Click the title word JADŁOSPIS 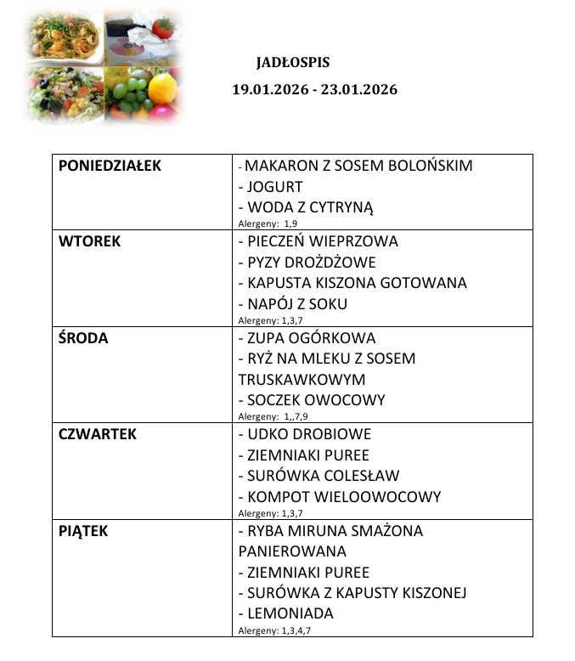[292, 63]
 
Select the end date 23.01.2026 [358, 89]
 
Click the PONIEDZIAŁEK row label [110, 167]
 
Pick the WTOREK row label [89, 241]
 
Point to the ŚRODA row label [84, 338]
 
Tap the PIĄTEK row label [83, 531]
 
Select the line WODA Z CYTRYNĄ [310, 207]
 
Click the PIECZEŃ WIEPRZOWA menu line [322, 241]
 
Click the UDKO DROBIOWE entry [308, 434]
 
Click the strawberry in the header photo [163, 27]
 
